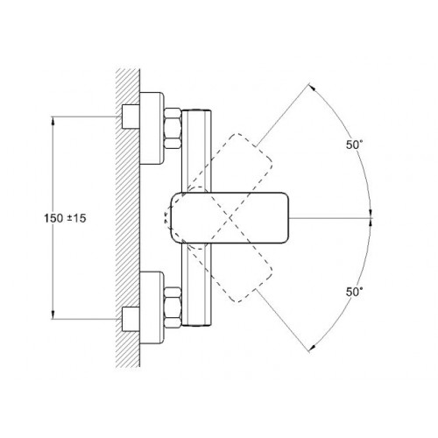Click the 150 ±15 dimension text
65,218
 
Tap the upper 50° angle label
355,145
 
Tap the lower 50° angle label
355,292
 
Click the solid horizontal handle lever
230,218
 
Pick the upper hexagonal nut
173,128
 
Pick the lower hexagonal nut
173,307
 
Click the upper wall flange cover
152,128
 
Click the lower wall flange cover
152,308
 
